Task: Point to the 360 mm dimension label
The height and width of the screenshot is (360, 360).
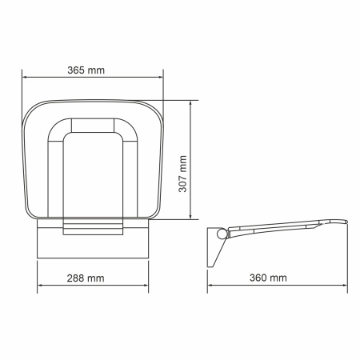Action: click(269, 278)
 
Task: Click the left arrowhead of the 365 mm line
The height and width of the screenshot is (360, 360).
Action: click(25, 78)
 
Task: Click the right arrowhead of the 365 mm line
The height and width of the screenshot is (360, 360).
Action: click(161, 78)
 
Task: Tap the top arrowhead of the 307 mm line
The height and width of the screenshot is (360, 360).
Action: click(190, 103)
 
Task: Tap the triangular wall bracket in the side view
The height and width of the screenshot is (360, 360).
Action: click(214, 248)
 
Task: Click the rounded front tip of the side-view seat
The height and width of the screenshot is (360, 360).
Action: click(345, 224)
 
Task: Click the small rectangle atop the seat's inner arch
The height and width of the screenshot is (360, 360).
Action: click(94, 126)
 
